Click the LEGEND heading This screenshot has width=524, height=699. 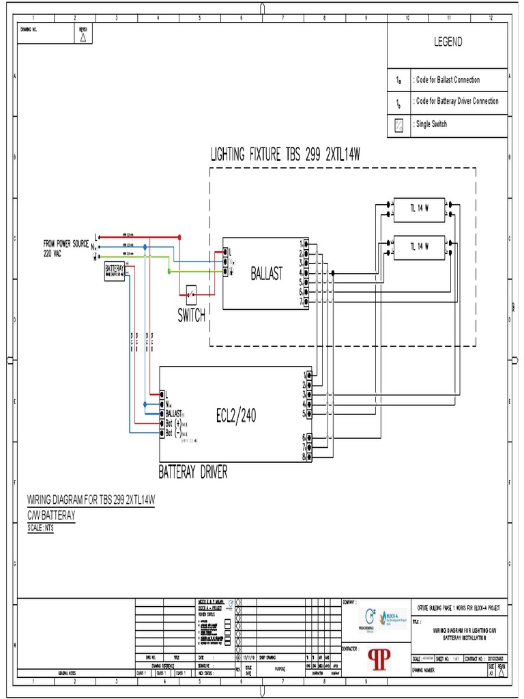point(448,42)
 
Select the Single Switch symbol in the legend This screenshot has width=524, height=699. point(399,125)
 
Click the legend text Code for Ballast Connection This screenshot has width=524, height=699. point(448,80)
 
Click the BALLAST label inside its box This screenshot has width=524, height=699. point(266,274)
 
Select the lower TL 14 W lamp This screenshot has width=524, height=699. point(419,247)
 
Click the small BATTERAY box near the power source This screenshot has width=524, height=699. point(114,270)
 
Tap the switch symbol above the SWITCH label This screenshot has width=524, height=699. point(192,296)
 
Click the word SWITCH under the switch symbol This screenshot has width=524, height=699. point(192,316)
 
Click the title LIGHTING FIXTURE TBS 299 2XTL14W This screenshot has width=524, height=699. point(285,156)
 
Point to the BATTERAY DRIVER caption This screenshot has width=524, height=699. point(193,471)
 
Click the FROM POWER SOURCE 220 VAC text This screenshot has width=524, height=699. point(66,248)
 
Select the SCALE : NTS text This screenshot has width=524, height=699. point(40,528)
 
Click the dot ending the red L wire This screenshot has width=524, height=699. point(179,238)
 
